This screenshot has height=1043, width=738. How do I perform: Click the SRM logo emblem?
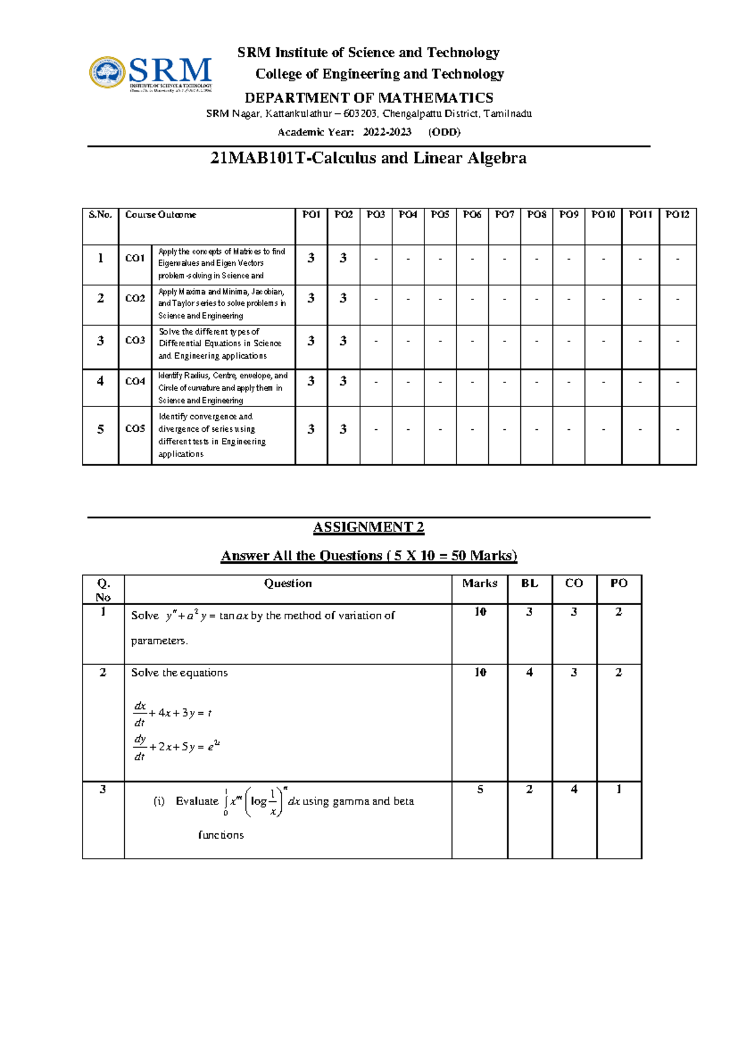pos(108,73)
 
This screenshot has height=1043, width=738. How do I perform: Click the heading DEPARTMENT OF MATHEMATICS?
pos(368,98)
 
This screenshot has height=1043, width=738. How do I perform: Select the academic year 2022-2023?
pos(387,132)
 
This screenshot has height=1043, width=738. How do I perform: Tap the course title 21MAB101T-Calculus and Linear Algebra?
pos(368,158)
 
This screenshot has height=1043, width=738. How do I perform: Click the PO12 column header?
pos(677,215)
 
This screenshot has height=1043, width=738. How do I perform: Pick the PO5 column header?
pos(440,215)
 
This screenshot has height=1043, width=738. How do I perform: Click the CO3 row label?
pos(135,340)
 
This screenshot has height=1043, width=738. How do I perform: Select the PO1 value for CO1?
pos(311,258)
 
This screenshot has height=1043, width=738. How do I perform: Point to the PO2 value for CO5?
pos(343,429)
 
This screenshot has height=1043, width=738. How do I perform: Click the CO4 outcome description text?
pos(222,387)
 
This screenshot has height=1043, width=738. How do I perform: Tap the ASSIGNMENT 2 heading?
pos(368,527)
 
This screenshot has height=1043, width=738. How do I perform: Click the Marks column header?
pos(480,583)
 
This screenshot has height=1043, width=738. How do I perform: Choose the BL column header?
pos(530,583)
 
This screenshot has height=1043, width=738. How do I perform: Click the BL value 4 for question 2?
pos(530,672)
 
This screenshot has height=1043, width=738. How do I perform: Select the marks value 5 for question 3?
pos(480,789)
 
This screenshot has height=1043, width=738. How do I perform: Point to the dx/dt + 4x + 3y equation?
pos(173,713)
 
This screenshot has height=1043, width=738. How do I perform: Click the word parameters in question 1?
pos(159,641)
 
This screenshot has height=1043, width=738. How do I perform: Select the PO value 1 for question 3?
pos(619,789)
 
